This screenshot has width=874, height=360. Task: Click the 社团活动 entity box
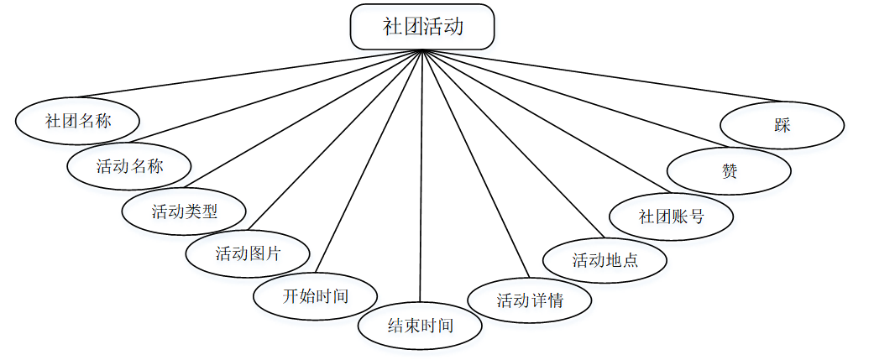422,27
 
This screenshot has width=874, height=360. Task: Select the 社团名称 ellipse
77,121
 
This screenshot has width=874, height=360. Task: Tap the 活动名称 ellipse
129,165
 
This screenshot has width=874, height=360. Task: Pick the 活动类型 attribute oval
184,211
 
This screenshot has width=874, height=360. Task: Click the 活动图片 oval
248,253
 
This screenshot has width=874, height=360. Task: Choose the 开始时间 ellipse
315,295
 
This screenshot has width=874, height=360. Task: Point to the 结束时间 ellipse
420,325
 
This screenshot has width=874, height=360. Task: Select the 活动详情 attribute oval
529,300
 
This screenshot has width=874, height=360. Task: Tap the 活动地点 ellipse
604,259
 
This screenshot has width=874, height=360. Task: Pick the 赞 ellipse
729,170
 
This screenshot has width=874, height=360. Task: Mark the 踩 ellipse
782,125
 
